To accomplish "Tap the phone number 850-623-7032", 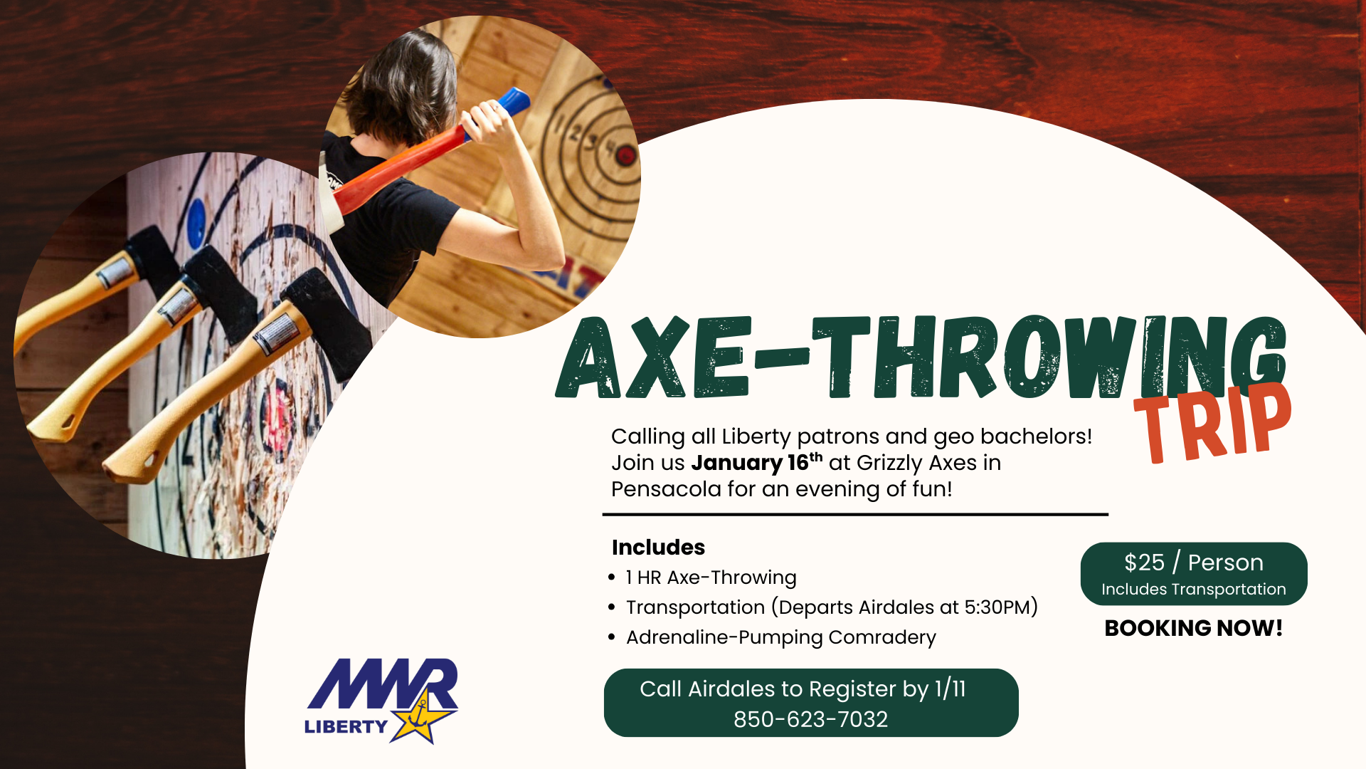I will [x=810, y=719].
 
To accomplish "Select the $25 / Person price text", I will [x=1193, y=563].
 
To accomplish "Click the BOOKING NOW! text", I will [x=1193, y=628].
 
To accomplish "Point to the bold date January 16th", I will [x=756, y=463].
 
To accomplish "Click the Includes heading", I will [x=658, y=547].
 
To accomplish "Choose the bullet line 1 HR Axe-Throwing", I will [x=711, y=577].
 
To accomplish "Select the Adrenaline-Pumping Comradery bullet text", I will [x=780, y=637].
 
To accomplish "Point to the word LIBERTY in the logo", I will [x=346, y=726].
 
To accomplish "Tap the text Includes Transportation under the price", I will [x=1193, y=590].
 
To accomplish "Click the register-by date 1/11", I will [x=950, y=689].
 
